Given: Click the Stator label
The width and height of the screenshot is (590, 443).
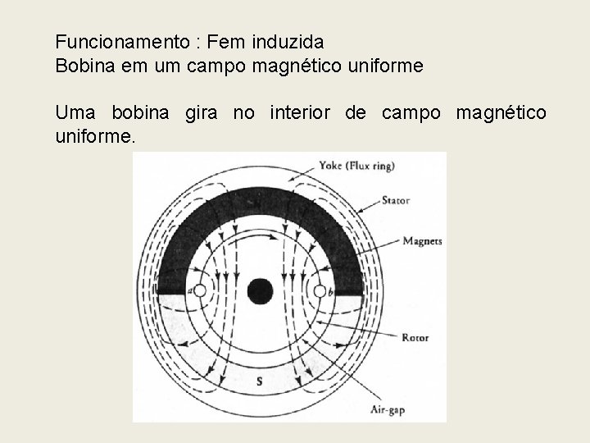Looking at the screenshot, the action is [397, 199].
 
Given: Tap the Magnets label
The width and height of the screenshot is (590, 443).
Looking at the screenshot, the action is [422, 241].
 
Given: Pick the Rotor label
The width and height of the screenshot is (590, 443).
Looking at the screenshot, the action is [415, 336].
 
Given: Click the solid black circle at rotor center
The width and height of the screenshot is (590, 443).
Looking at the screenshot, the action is [260, 290].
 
